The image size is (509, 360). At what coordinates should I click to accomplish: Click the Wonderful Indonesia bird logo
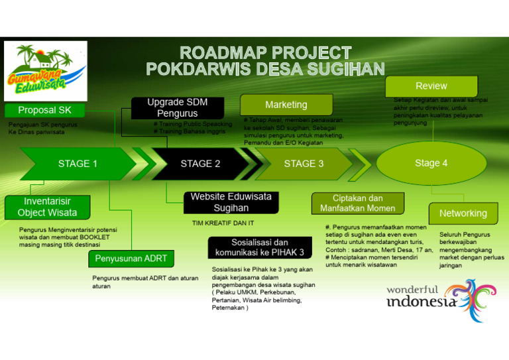tap(470, 300)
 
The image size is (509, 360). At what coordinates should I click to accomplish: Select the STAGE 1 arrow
tap(77, 164)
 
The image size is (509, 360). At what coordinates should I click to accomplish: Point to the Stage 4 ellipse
tap(431, 163)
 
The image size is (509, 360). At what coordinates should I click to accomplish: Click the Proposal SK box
tap(44, 110)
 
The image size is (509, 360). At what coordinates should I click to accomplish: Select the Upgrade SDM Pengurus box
tap(177, 108)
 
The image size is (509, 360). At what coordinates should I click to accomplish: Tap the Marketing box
tap(286, 105)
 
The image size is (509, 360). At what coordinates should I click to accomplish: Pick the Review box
tap(431, 86)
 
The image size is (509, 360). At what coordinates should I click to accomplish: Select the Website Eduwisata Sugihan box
tap(231, 203)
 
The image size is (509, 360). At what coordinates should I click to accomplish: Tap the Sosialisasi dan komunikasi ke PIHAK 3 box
tap(259, 247)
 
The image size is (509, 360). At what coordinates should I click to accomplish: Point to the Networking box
tap(463, 213)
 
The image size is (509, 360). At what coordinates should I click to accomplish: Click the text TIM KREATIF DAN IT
tap(223, 223)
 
